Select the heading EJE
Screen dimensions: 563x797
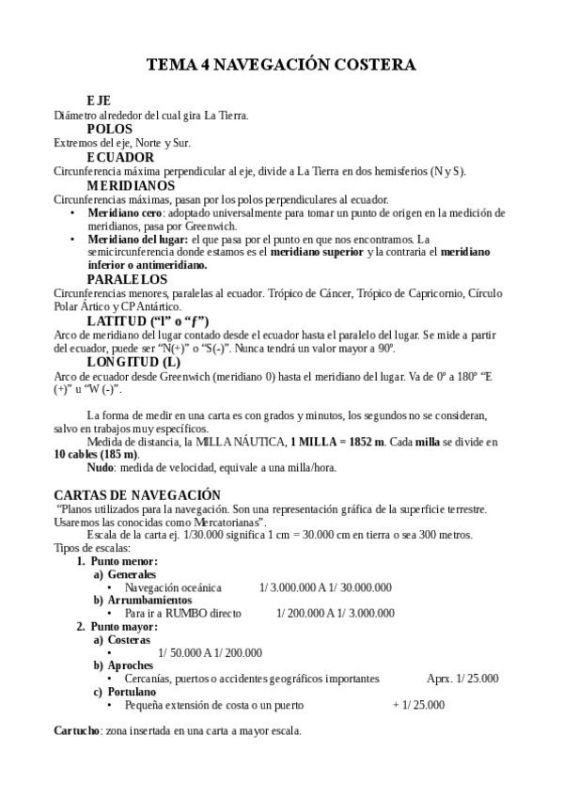[x=99, y=101]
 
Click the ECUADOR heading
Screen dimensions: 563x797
[x=120, y=157]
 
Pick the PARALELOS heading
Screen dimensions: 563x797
[x=127, y=279]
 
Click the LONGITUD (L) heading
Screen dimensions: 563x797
[x=133, y=362]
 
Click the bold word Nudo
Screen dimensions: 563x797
[x=101, y=467]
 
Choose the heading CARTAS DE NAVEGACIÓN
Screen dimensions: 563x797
[x=137, y=494]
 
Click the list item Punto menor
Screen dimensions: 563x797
[x=117, y=561]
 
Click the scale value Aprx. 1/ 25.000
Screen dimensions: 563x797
[x=462, y=678]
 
